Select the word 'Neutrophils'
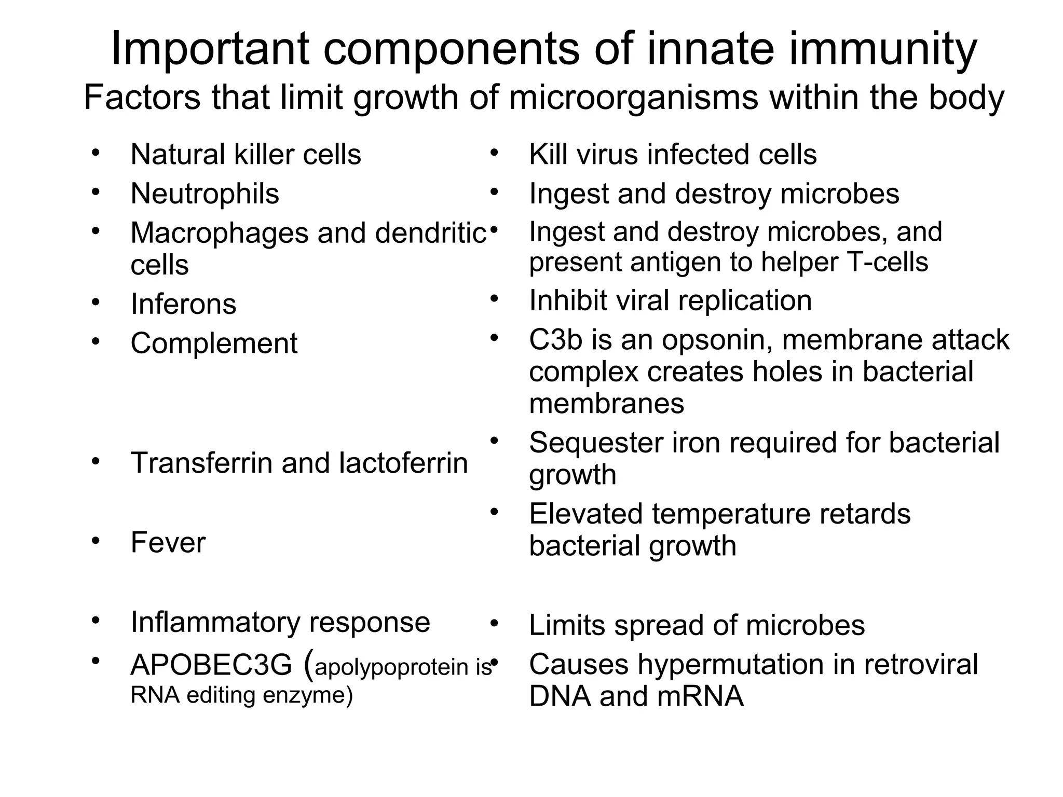205,194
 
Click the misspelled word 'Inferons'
183,304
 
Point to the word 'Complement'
214,343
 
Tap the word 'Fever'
168,542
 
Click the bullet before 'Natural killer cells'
95,153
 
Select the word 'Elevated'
586,514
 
